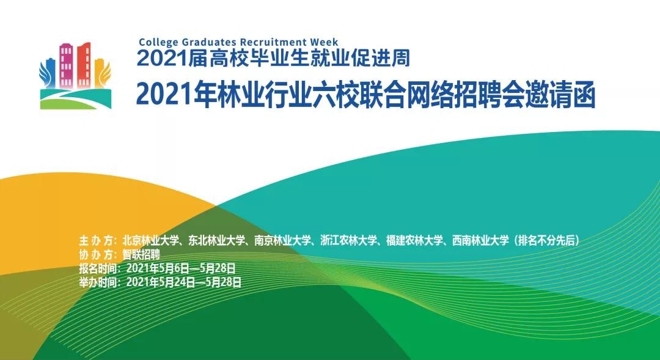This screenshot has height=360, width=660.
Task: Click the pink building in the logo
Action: [x=67, y=64]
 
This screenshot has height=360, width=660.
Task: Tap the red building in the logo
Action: [x=84, y=62]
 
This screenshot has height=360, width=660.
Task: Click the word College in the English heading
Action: [x=157, y=42]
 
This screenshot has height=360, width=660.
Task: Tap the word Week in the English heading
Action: [x=324, y=42]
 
